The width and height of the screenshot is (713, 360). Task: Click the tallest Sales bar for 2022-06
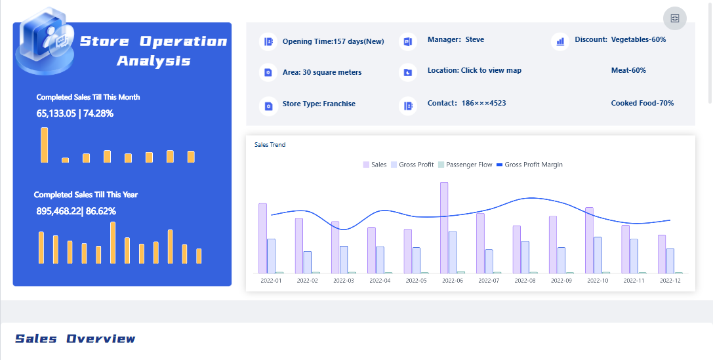tap(444, 227)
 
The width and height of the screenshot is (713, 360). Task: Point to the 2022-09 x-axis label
tap(561, 281)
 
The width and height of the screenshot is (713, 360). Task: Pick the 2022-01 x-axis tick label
tap(271, 281)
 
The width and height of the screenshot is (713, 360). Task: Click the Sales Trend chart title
tap(270, 145)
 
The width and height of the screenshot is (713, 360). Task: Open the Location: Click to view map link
tap(474, 70)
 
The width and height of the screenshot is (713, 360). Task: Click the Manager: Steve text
tap(456, 39)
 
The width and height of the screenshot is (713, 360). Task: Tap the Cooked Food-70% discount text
tap(642, 103)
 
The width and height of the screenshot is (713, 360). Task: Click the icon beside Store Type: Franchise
tap(268, 105)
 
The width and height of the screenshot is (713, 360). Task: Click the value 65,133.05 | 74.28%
tap(75, 113)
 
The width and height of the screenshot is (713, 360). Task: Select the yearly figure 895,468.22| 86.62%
tap(76, 211)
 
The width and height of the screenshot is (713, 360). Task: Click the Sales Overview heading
tap(75, 338)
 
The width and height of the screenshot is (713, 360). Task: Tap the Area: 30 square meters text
tap(321, 72)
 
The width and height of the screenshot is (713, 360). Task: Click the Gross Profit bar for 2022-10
tap(598, 255)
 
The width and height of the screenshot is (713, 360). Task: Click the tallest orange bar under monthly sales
tap(45, 145)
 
